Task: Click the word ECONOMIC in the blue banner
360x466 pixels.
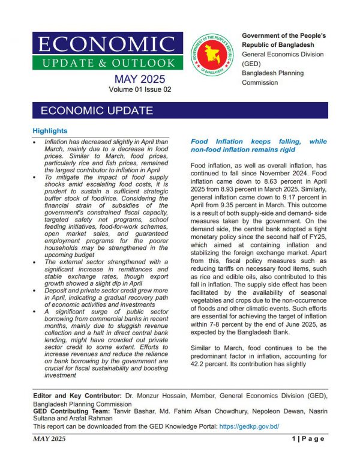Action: pyautogui.click(x=104, y=44)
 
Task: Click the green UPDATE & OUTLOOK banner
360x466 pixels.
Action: pyautogui.click(x=104, y=62)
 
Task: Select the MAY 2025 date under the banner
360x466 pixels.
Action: pyautogui.click(x=140, y=79)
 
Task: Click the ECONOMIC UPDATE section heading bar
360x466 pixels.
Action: pyautogui.click(x=180, y=110)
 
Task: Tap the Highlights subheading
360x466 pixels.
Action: pyautogui.click(x=50, y=131)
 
